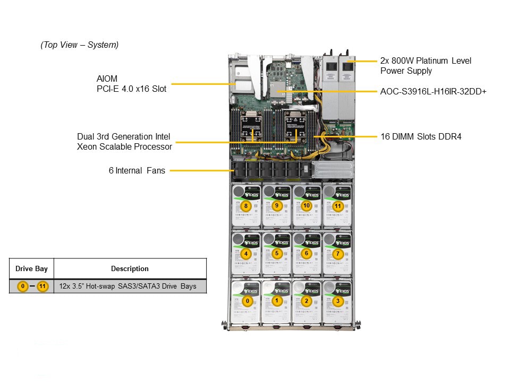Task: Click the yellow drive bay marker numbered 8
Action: pyautogui.click(x=245, y=205)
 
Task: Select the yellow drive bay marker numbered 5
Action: pyautogui.click(x=276, y=254)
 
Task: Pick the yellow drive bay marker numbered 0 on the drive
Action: pyautogui.click(x=246, y=301)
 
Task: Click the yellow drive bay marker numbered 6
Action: pyautogui.click(x=307, y=254)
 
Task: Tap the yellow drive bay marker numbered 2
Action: pyautogui.click(x=306, y=301)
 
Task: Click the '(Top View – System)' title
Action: pyautogui.click(x=80, y=45)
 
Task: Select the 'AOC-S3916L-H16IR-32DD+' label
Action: pyautogui.click(x=433, y=92)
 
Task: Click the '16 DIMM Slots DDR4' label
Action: pyautogui.click(x=421, y=137)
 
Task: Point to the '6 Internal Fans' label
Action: pyautogui.click(x=137, y=171)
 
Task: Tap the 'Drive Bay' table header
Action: pyautogui.click(x=31, y=269)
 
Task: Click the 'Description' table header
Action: pyautogui.click(x=130, y=269)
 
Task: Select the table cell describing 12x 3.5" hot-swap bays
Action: pyautogui.click(x=127, y=286)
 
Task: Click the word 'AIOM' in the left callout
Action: pyautogui.click(x=104, y=79)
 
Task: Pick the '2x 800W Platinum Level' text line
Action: pyautogui.click(x=426, y=61)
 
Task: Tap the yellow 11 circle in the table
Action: pyautogui.click(x=43, y=286)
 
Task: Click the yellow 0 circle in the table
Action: pyautogui.click(x=22, y=286)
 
